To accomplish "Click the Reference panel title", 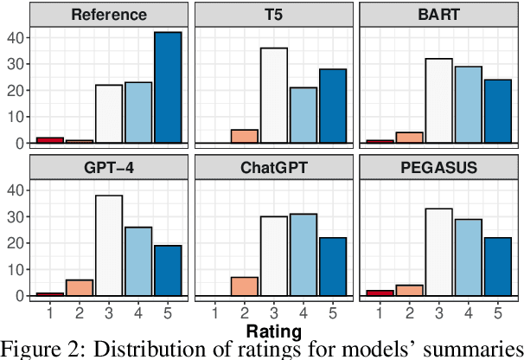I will (109, 15).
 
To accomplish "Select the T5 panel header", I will (273, 15).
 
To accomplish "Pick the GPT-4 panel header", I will (109, 166).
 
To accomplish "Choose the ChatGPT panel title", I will (273, 166).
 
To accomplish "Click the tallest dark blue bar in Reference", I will (168, 87).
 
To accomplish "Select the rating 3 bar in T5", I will (273, 95).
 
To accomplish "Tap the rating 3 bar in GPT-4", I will (109, 245).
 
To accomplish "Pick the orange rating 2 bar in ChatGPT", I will (244, 286).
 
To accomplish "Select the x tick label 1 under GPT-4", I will (50, 311).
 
